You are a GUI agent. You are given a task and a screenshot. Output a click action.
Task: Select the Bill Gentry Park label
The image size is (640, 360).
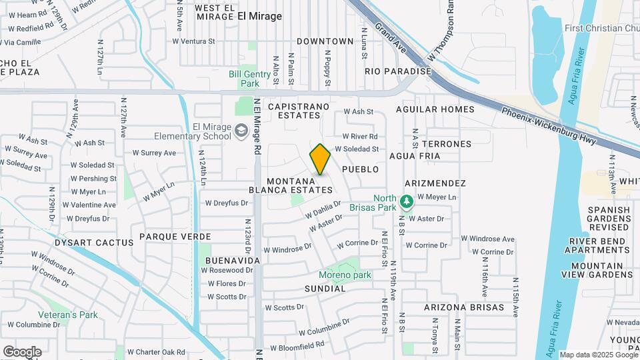[244, 79]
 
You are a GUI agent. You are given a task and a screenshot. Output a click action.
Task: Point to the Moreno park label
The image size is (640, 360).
[344, 275]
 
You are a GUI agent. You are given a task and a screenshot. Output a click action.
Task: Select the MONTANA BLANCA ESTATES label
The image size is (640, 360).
[299, 185]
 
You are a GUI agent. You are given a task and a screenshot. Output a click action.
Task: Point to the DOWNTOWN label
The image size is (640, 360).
[325, 41]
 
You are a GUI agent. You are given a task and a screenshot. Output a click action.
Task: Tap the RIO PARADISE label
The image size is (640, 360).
[398, 71]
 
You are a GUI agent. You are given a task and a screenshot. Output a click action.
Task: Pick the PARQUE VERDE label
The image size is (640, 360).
[175, 237]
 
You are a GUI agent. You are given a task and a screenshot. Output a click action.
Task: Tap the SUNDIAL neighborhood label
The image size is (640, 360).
[325, 289]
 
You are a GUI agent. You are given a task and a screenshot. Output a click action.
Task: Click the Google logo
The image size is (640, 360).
[22, 351]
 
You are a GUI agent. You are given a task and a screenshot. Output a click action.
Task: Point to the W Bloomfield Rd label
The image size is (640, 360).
[299, 345]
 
